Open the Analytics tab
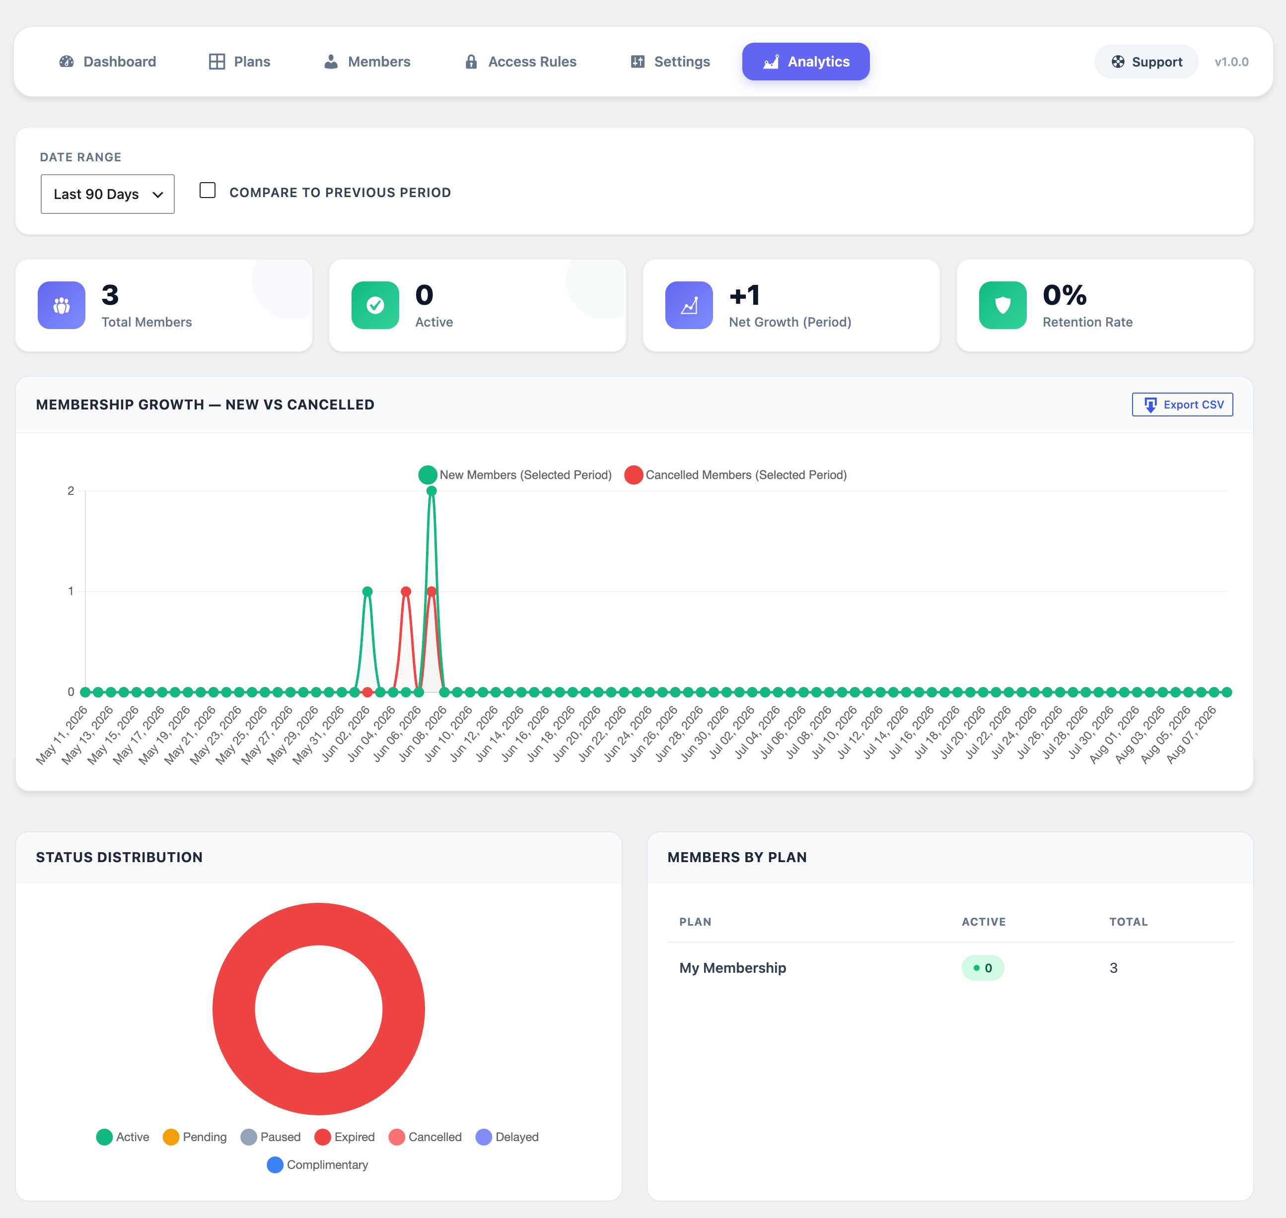pyautogui.click(x=805, y=62)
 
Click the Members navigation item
pyautogui.click(x=367, y=62)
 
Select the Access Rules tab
pyautogui.click(x=520, y=62)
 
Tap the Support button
pyautogui.click(x=1146, y=62)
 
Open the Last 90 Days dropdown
pyautogui.click(x=108, y=194)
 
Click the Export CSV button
pyautogui.click(x=1182, y=405)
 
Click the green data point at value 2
pyautogui.click(x=431, y=491)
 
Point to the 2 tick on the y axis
pyautogui.click(x=71, y=491)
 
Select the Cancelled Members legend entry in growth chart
pyautogui.click(x=735, y=474)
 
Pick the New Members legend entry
pyautogui.click(x=515, y=474)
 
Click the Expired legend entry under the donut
pyautogui.click(x=344, y=1137)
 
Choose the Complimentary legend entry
pyautogui.click(x=318, y=1165)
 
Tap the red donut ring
pyautogui.click(x=234, y=1009)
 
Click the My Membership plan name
pyautogui.click(x=733, y=968)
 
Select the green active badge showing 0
pyautogui.click(x=983, y=968)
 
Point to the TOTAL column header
pyautogui.click(x=1128, y=922)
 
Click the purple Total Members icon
pyautogui.click(x=62, y=305)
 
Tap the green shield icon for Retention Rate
pyautogui.click(x=1003, y=305)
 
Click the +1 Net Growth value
pyautogui.click(x=744, y=295)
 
